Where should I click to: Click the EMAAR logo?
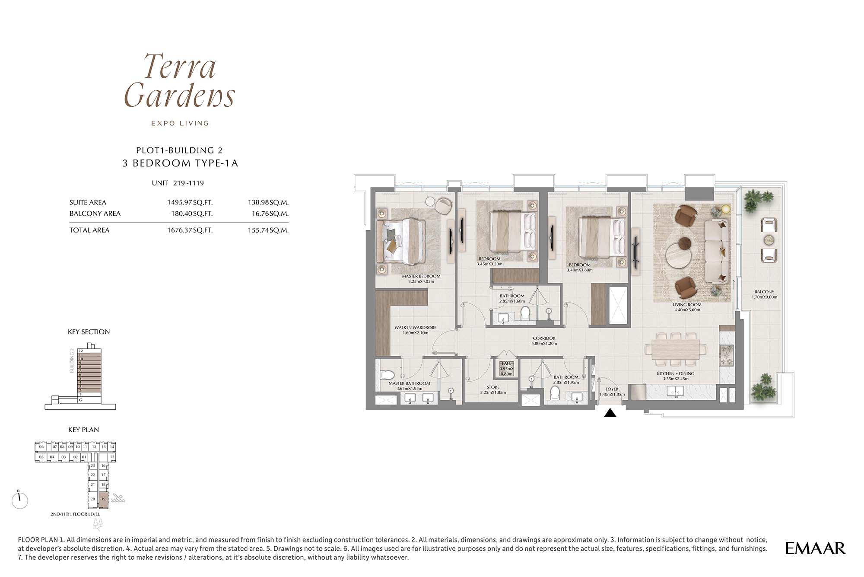(815, 548)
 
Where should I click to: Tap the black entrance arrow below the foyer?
(610, 413)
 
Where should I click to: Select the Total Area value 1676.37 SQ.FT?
(190, 230)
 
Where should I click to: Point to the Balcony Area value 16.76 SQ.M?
(268, 214)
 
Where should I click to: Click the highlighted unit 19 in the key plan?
(103, 499)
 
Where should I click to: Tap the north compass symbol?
(20, 500)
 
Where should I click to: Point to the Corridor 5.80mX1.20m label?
(544, 341)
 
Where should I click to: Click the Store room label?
(493, 390)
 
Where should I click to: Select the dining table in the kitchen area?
(675, 348)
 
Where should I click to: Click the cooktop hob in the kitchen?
(726, 356)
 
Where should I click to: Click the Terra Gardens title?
(179, 80)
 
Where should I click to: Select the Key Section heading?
(89, 332)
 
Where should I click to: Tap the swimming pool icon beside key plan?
(118, 498)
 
